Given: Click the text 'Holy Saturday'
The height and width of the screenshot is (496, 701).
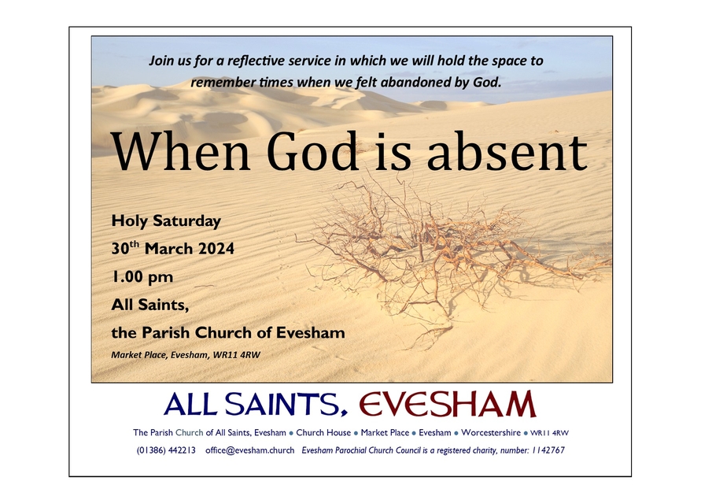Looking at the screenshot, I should click(166, 220).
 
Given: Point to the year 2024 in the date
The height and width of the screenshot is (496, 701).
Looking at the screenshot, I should click(212, 249).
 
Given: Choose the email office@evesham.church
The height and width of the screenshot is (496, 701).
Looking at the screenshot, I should click(249, 450).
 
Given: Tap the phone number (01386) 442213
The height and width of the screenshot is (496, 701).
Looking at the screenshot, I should click(166, 450).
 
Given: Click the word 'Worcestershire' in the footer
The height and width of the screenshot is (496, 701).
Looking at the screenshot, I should click(491, 433).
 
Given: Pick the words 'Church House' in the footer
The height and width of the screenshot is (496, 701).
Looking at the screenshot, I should click(323, 433).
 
